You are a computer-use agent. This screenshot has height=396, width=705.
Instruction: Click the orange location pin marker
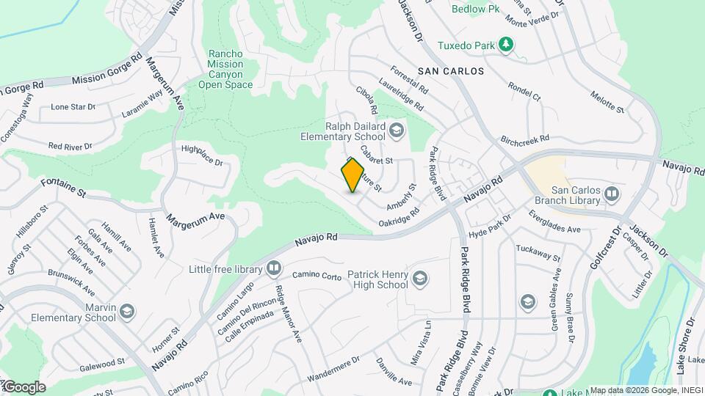coord(353,175)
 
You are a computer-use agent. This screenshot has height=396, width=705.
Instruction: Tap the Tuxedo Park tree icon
coord(505,45)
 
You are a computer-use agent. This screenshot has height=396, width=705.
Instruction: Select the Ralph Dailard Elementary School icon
coord(397,131)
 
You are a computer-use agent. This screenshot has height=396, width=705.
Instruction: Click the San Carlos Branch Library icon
coord(612,194)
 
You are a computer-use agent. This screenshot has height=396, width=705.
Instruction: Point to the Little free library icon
coord(274,269)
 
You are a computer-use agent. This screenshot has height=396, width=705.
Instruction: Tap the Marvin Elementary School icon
coord(127,313)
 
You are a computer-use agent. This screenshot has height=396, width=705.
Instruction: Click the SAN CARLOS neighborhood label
coord(451,71)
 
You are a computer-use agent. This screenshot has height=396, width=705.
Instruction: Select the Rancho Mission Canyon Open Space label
coord(225,70)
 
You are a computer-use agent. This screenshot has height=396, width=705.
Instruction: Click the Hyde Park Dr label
coord(489,227)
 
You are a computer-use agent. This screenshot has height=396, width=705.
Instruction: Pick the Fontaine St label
coord(64,188)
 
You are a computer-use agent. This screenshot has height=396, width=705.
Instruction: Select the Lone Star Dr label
coord(73,107)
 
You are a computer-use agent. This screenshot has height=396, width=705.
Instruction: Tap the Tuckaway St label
coord(538,254)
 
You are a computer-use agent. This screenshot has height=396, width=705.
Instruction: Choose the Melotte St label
coord(607,104)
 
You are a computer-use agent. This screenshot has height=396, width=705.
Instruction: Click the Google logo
coord(23,387)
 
